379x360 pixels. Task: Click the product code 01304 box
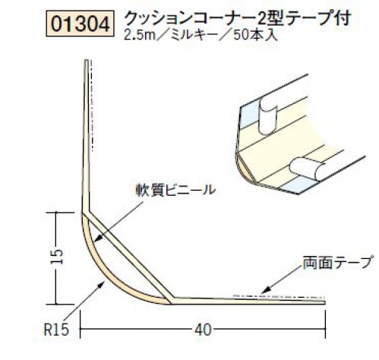[81, 24]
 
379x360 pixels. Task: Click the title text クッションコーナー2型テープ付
[238, 18]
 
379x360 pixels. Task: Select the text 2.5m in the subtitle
[140, 35]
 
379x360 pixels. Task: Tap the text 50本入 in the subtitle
[255, 35]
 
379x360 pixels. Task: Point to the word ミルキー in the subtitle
[194, 35]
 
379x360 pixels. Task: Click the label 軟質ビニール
[175, 190]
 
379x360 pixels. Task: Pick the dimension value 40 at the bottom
[203, 330]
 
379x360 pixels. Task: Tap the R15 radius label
[56, 330]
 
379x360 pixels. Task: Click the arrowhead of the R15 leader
[103, 283]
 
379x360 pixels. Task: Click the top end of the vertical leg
[87, 60]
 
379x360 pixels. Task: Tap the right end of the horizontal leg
[324, 302]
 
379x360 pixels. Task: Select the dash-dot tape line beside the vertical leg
[91, 106]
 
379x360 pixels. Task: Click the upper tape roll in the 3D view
[268, 118]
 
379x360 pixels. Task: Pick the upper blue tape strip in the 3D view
[250, 115]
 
